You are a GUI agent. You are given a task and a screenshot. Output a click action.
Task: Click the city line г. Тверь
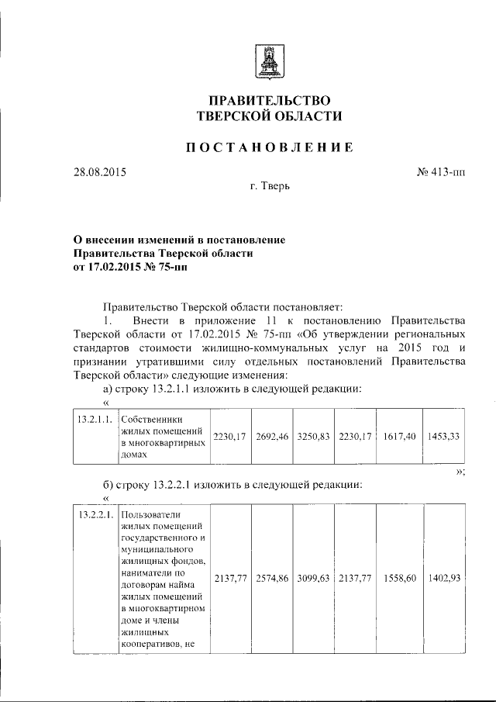(270, 187)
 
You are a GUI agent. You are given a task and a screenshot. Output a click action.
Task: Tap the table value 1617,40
(398, 437)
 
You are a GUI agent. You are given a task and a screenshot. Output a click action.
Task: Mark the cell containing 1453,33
(443, 437)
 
